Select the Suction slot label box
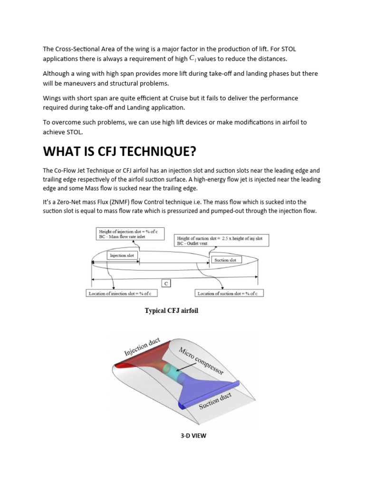pyautogui.click(x=225, y=260)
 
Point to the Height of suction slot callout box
pyautogui.click(x=221, y=240)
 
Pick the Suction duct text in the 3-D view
pyautogui.click(x=216, y=397)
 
